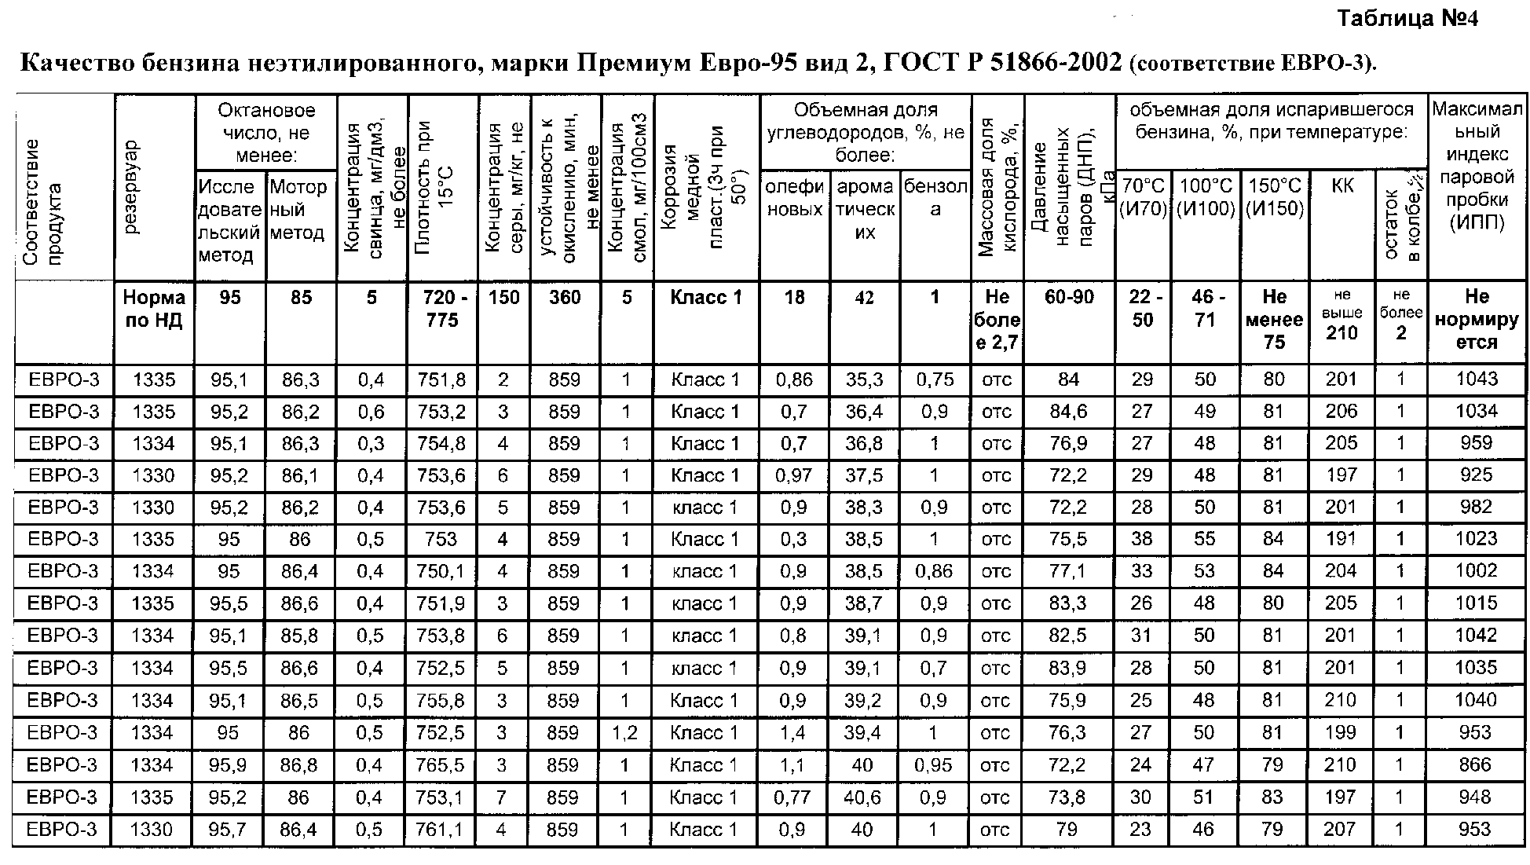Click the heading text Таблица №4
coord(1407,19)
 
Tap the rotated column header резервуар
coord(130,188)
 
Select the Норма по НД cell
coord(154,309)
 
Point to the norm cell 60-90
coord(1069,298)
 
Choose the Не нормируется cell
coord(1477,319)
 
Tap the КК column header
coord(1342,186)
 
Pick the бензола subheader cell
coord(935,197)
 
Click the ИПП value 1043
coord(1477,379)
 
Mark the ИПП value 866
coord(1476,764)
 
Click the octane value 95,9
coord(229,764)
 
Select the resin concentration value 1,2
coord(626,732)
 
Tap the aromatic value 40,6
coord(863,797)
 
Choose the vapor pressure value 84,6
coord(1068,412)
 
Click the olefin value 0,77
coord(792,797)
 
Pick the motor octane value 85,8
coord(300,636)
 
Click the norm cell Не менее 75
coord(1274,319)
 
